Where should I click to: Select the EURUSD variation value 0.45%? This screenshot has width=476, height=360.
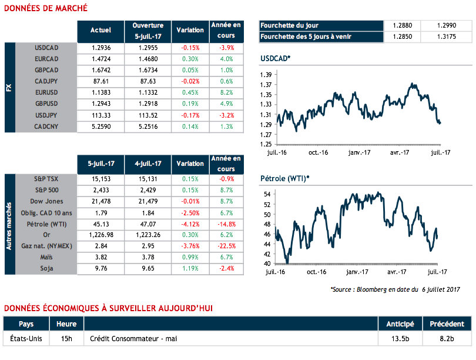(x=190, y=92)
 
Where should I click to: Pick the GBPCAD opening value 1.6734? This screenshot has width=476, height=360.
(x=148, y=70)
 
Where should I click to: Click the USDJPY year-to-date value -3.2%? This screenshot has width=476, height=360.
(x=226, y=115)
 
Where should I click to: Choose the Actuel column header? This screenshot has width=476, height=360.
(x=101, y=30)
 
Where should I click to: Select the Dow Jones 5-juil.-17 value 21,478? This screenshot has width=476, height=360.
(x=101, y=202)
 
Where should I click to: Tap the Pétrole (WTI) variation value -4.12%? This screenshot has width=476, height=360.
(x=190, y=224)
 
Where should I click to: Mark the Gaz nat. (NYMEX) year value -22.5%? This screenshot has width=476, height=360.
(x=226, y=246)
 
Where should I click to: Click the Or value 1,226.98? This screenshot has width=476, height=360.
(x=101, y=235)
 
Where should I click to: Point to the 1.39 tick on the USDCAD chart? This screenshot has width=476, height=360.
(x=266, y=75)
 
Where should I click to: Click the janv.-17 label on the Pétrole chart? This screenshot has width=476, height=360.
(x=357, y=272)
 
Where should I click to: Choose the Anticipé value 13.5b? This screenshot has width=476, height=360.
(x=400, y=339)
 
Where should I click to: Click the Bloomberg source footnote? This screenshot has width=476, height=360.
(x=394, y=289)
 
